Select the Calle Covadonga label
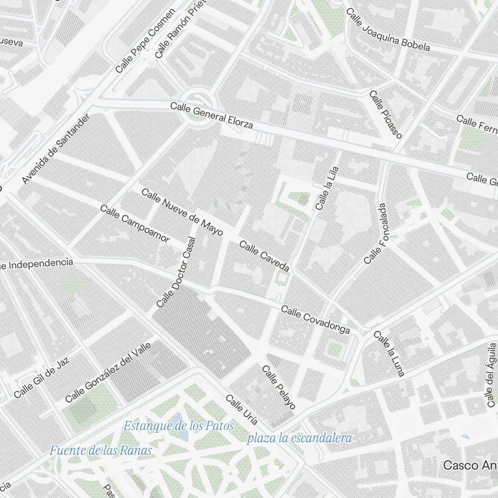coord(315,320)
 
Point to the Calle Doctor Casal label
coord(176,271)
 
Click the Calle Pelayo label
coord(278,387)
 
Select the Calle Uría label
coord(242,410)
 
